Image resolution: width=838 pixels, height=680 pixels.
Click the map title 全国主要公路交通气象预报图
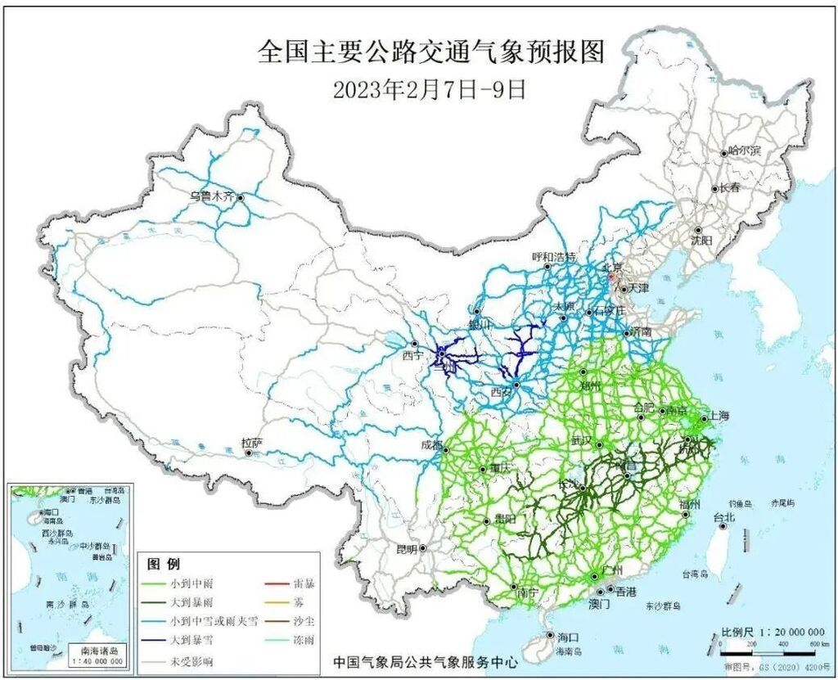pyautogui.click(x=430, y=52)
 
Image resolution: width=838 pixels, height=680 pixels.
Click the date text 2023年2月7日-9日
pyautogui.click(x=430, y=88)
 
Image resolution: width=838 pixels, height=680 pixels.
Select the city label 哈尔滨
pyautogui.click(x=744, y=151)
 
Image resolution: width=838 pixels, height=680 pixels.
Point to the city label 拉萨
pyautogui.click(x=251, y=443)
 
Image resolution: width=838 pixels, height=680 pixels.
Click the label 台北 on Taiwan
pyautogui.click(x=724, y=517)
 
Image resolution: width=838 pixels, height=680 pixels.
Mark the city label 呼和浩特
pyautogui.click(x=554, y=256)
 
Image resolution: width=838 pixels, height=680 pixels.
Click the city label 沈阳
pyautogui.click(x=701, y=241)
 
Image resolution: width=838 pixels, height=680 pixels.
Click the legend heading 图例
pyautogui.click(x=162, y=565)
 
